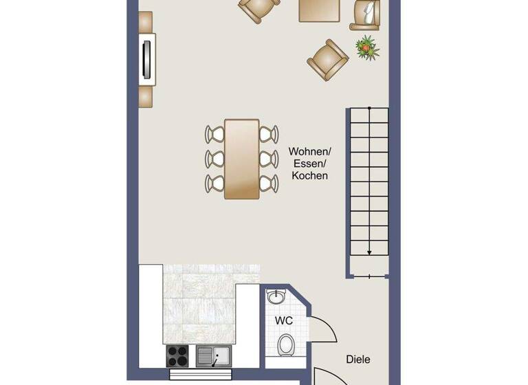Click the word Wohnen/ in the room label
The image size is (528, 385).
point(310,151)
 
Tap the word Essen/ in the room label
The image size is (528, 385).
point(310,164)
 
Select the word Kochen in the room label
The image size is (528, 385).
point(310,176)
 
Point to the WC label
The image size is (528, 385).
point(284,320)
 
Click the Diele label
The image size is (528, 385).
point(357,359)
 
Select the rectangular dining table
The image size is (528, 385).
point(242,159)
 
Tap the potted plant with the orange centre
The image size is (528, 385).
point(367,47)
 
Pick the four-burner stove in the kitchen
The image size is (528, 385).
point(179,356)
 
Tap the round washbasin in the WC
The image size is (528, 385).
point(276,297)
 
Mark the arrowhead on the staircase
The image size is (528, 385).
point(369,252)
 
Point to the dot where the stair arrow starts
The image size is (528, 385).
point(369,109)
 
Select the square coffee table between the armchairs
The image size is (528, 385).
point(320,10)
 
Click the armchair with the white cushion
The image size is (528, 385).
point(367,14)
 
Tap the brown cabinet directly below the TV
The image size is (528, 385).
point(146,96)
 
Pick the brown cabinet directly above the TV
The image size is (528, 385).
point(145,22)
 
